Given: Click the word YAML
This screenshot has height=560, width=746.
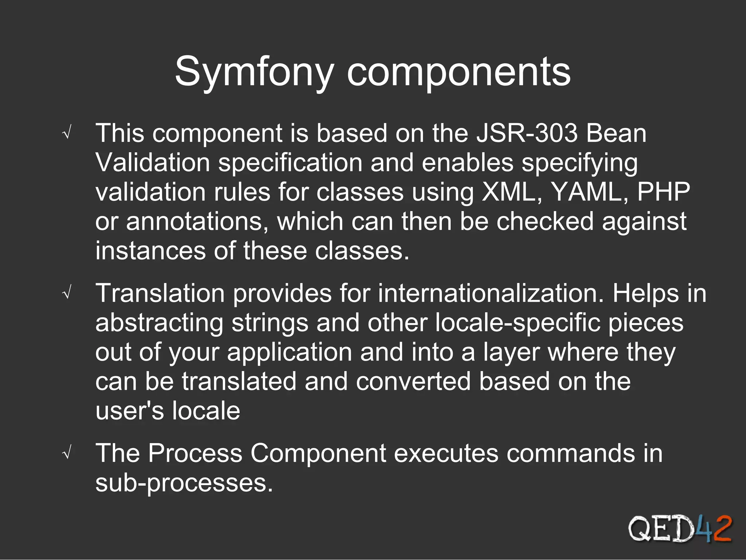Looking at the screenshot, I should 590,192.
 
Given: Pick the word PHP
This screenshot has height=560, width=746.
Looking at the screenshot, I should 663,192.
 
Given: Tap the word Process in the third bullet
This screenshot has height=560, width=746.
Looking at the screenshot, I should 195,453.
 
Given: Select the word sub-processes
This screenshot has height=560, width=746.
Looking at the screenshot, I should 184,483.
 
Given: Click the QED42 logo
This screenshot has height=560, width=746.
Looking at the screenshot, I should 680,529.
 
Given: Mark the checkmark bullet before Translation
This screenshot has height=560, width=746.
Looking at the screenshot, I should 67,293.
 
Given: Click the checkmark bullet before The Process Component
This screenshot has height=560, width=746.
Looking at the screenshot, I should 67,454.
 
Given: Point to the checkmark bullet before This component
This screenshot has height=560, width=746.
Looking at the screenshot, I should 67,134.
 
